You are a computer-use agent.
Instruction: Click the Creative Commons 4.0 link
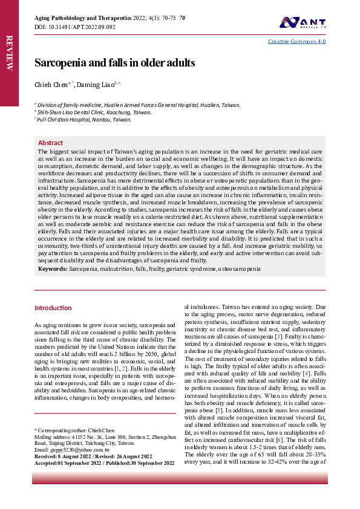click(297, 42)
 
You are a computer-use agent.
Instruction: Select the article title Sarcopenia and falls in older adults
click(114, 63)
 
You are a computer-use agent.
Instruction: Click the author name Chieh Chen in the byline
click(51, 85)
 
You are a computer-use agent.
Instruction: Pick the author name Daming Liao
click(95, 85)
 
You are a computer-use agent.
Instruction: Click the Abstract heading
click(50, 143)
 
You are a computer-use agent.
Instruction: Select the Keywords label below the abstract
click(53, 268)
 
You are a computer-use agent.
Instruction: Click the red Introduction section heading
click(53, 308)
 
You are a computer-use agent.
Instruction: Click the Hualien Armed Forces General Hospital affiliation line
click(139, 105)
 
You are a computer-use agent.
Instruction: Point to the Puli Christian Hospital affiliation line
click(84, 120)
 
